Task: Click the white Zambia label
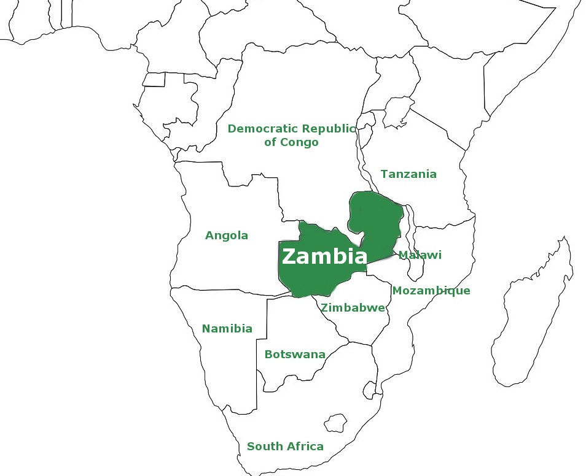coord(324,256)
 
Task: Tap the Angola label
coord(227,236)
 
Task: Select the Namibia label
coord(227,329)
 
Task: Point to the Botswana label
coord(294,355)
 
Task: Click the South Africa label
coord(285,447)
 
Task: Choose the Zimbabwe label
coord(353,308)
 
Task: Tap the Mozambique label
coord(431,291)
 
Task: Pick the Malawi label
coord(420,255)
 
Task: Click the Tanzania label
coord(408,174)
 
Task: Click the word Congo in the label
coord(299,143)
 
